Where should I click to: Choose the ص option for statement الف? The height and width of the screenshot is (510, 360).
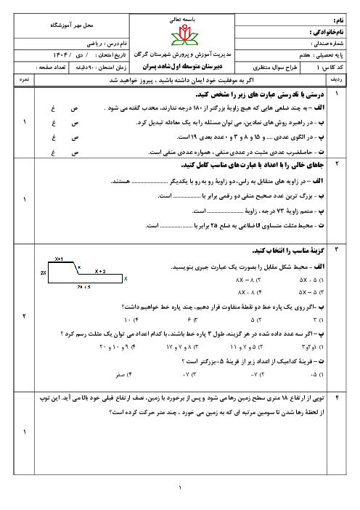point(75,109)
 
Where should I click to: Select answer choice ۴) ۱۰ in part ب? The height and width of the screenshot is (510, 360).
point(130,319)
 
